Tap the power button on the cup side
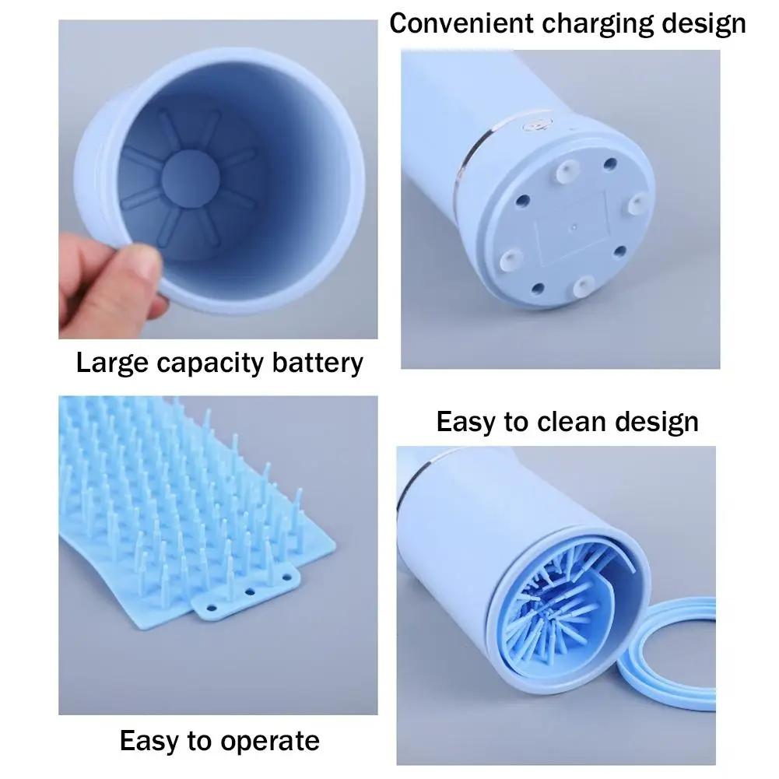point(535,124)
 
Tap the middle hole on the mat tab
point(250,591)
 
